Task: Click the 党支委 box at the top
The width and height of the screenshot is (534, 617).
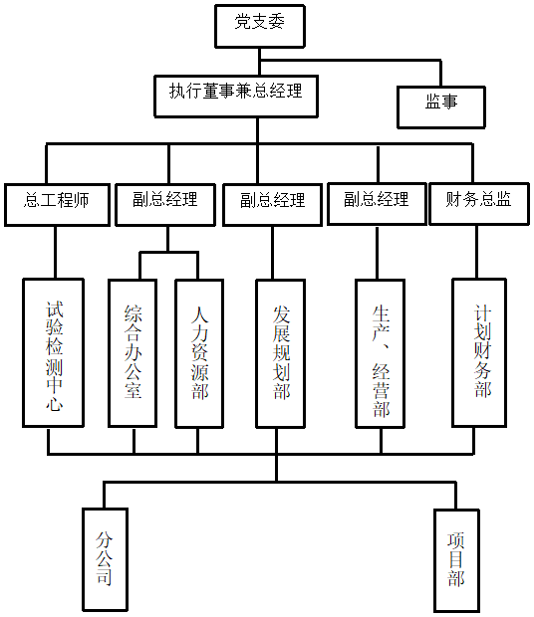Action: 260,26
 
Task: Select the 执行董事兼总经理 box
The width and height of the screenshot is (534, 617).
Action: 236,97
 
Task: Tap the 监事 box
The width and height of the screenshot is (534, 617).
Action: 441,107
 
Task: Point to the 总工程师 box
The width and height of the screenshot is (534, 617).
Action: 57,205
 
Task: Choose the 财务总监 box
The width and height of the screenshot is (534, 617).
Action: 479,204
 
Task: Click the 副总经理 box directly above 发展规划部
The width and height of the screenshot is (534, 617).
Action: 273,205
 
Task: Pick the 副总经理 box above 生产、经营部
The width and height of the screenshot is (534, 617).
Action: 377,204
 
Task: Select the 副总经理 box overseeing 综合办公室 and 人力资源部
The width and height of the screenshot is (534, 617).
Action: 165,205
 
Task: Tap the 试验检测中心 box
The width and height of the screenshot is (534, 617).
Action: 53,353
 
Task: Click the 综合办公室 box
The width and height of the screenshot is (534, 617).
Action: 133,353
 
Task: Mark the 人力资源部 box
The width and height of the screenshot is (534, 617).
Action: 199,353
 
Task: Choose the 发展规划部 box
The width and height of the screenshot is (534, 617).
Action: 281,353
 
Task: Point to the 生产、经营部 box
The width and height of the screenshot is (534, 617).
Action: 381,353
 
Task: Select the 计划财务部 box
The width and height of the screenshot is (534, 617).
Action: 479,353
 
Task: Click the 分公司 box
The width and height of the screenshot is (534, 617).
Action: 106,559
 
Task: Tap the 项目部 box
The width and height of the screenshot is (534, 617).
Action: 457,560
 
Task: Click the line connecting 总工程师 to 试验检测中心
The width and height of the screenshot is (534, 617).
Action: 55,252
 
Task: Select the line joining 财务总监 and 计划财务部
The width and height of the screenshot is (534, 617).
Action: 477,252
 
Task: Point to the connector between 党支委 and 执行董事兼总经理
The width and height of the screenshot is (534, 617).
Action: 259,62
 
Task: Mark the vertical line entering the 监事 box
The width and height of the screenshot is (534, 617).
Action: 440,74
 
